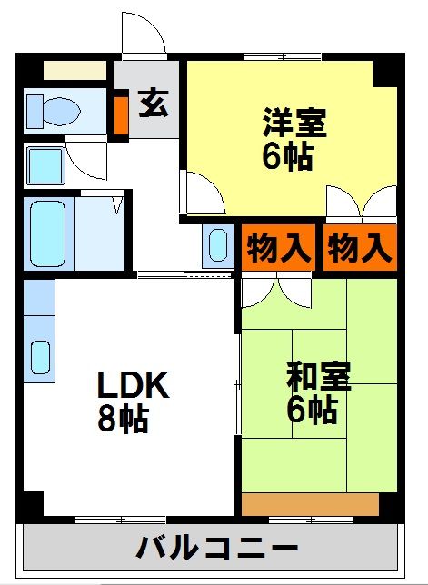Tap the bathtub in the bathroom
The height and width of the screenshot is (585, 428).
[x=48, y=234]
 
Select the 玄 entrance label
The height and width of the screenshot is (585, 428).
[x=154, y=104]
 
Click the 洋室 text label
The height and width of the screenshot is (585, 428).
[x=294, y=123]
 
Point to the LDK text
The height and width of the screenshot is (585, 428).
[x=134, y=384]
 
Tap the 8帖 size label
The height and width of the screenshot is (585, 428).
[x=124, y=418]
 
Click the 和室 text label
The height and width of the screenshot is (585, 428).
[x=318, y=377]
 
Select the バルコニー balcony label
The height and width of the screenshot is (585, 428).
[x=217, y=548]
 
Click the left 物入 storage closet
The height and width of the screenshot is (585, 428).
[x=278, y=247]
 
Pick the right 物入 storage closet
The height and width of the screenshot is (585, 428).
[x=360, y=247]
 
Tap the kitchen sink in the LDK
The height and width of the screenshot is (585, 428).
[x=40, y=357]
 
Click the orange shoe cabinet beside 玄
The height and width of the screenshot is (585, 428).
[x=121, y=115]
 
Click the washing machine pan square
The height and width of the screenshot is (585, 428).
[x=45, y=165]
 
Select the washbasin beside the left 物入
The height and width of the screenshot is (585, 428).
[x=218, y=245]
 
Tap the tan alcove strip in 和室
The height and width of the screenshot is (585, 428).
[x=311, y=504]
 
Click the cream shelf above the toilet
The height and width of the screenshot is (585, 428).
[x=75, y=70]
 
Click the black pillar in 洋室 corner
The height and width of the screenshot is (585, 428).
[x=384, y=74]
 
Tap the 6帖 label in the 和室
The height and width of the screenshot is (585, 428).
[x=313, y=410]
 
